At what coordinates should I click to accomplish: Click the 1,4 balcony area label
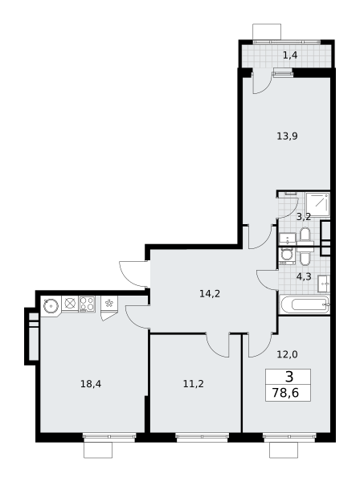point(290,55)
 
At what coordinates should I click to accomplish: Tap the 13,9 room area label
point(287,136)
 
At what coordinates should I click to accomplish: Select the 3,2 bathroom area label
point(304,217)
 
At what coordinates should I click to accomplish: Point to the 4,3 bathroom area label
point(304,276)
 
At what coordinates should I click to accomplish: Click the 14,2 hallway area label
point(210,294)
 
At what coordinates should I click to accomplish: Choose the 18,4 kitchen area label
point(91,384)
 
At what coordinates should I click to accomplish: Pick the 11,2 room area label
point(194,384)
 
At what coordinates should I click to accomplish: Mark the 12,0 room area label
point(287,355)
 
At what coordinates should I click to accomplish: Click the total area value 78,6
point(285,393)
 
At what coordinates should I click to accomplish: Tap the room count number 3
point(289,377)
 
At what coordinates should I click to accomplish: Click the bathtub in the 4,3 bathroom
point(305,304)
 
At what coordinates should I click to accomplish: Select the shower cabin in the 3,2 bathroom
point(318,204)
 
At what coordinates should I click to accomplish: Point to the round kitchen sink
point(51,306)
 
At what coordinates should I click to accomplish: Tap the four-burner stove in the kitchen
point(88,304)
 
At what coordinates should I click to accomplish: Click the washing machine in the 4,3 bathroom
point(287,256)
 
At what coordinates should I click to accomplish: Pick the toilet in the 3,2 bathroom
point(305,235)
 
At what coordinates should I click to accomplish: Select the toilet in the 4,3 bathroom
point(305,257)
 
